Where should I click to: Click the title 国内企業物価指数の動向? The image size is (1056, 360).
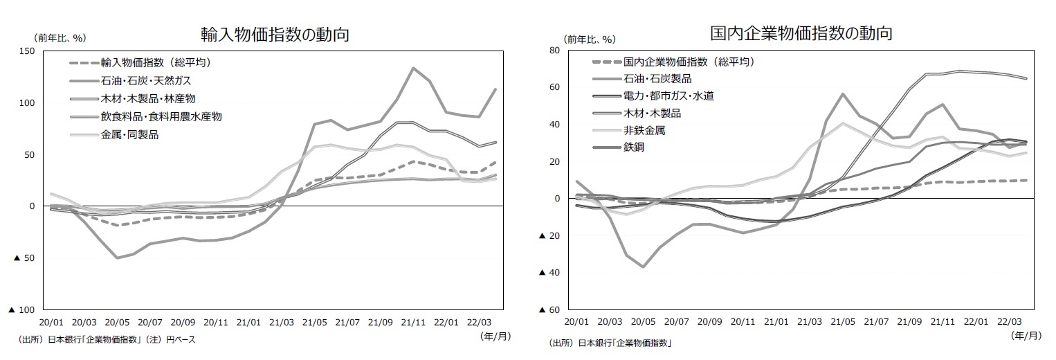(x=801, y=33)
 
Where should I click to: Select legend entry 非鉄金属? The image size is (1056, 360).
(x=644, y=130)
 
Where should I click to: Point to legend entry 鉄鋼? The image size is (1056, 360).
(x=634, y=147)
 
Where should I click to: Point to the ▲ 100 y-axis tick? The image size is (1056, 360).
(x=22, y=310)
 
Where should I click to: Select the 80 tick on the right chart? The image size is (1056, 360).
(x=553, y=51)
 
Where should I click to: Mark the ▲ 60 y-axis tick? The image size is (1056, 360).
(x=550, y=310)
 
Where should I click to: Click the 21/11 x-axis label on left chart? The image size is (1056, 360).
(x=413, y=322)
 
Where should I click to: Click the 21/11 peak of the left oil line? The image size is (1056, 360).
(x=413, y=68)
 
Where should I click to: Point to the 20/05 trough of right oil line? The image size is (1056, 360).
(x=643, y=267)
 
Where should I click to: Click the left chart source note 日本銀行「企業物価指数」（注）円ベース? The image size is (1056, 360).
(x=107, y=340)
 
